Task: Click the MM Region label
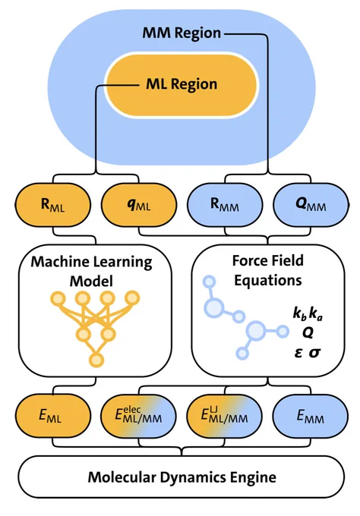(x=182, y=33)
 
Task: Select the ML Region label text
(x=182, y=84)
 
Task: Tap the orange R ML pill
(x=52, y=204)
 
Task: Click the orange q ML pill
(x=139, y=204)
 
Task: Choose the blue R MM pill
(x=225, y=204)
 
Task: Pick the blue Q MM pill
(x=311, y=204)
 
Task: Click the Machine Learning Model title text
(x=92, y=272)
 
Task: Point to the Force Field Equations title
(x=268, y=270)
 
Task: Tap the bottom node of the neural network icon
(x=96, y=360)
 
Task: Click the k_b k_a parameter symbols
(x=308, y=314)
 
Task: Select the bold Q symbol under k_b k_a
(x=308, y=333)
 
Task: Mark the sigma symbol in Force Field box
(x=315, y=353)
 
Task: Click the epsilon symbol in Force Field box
(x=298, y=353)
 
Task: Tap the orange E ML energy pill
(x=52, y=416)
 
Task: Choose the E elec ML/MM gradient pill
(x=139, y=416)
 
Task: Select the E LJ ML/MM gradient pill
(x=225, y=416)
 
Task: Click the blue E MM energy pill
(x=311, y=416)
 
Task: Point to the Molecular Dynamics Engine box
(x=182, y=477)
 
